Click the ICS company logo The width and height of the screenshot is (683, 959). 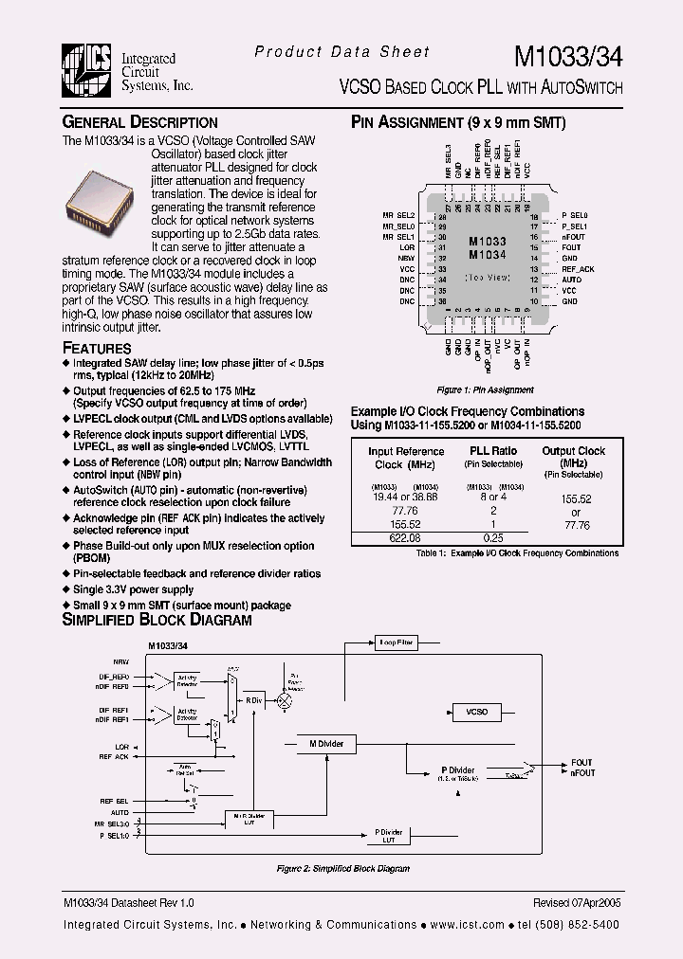coord(87,71)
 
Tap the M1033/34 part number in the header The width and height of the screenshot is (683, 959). coord(567,56)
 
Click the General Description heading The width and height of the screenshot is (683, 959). coord(139,122)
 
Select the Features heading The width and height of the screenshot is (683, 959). coord(97,348)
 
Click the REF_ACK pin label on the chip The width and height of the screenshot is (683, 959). coord(578,269)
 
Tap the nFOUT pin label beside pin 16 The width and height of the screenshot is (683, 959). coord(573,237)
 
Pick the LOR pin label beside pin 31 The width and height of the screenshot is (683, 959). coord(407,247)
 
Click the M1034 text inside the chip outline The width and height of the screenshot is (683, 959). coord(488,255)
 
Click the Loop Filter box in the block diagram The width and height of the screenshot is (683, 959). coord(396,642)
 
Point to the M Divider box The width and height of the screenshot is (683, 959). coord(325,744)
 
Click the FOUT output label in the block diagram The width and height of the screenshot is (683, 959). coord(581,763)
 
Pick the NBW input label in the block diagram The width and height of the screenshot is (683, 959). coord(121,661)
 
